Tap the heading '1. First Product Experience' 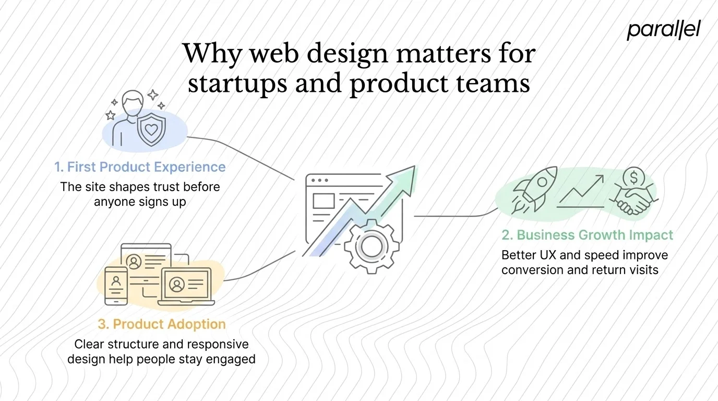tap(140, 167)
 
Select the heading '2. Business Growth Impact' tap(588, 235)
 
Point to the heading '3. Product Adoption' tap(162, 324)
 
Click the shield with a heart tap(151, 128)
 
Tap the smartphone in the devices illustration tap(116, 286)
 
